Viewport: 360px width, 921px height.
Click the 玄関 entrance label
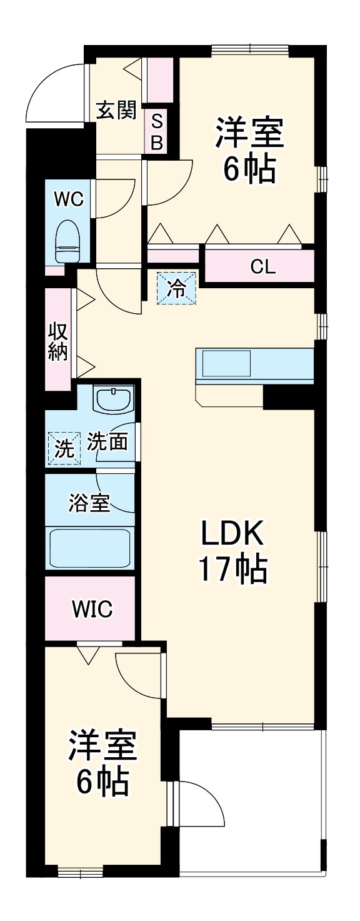[116, 111]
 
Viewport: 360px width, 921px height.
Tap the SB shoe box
[157, 131]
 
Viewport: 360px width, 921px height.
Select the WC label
[69, 199]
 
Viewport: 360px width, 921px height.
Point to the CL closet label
[262, 267]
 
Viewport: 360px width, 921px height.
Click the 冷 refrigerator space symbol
[176, 288]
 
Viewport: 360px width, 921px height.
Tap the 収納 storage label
[58, 340]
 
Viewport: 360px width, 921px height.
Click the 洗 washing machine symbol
[64, 448]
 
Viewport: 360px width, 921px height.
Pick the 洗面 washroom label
[107, 442]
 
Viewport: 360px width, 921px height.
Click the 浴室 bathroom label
[89, 502]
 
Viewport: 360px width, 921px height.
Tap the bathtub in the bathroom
[89, 548]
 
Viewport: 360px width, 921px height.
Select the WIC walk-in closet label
[92, 608]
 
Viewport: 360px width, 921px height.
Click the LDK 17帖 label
[232, 550]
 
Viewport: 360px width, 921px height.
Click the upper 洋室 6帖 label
[249, 150]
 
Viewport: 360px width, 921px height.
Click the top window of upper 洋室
[249, 48]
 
